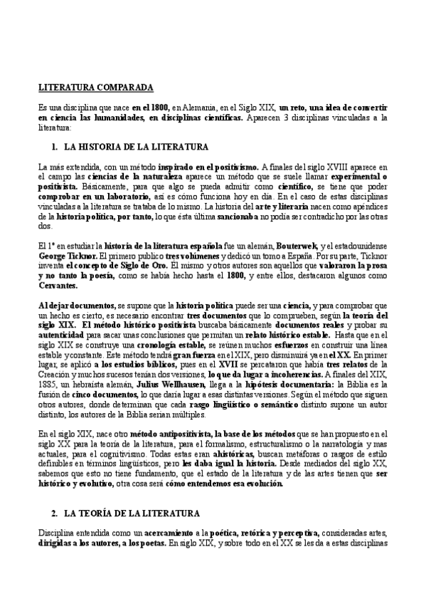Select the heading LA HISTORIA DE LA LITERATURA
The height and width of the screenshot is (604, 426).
point(136,147)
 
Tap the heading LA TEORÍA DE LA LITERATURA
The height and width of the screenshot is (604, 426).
point(134,513)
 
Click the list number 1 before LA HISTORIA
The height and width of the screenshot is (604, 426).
point(53,147)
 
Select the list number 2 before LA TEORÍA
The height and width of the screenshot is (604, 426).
point(53,513)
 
